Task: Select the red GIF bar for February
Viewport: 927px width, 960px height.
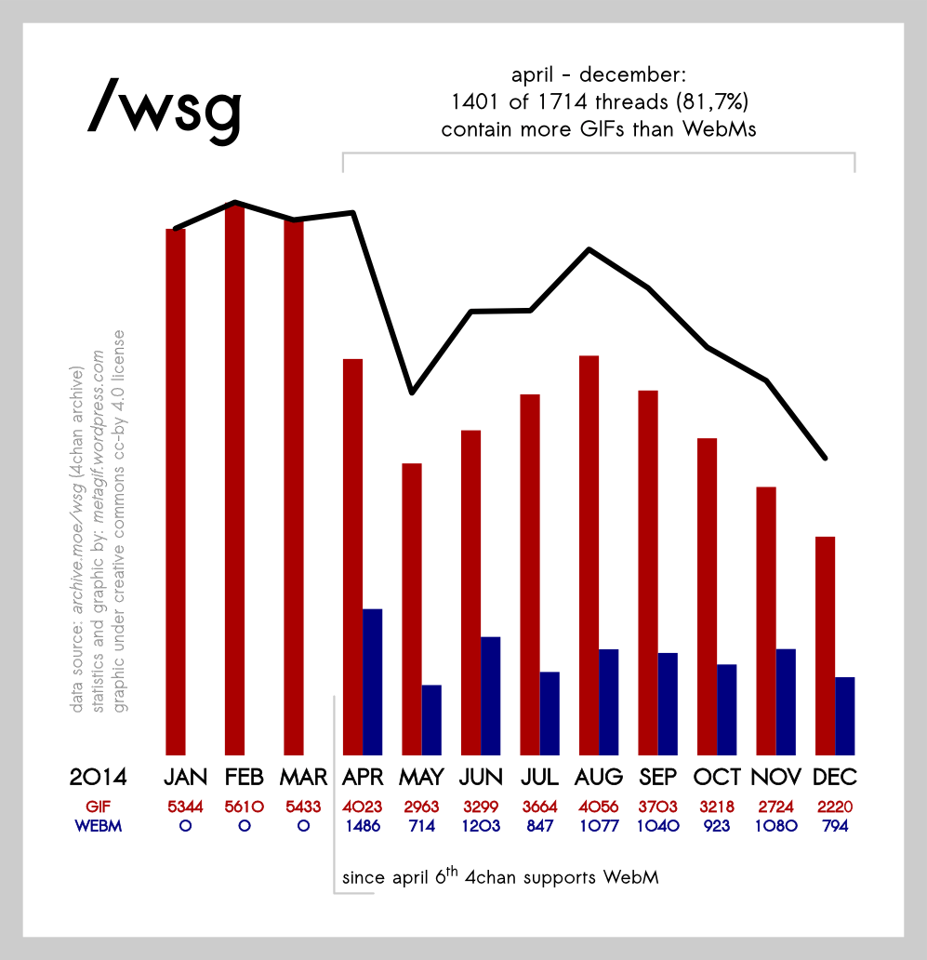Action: [x=234, y=479]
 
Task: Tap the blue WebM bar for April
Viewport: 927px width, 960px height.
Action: [x=373, y=682]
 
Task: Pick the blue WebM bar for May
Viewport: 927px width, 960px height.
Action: [x=431, y=720]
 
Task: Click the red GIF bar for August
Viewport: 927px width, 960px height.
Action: [x=589, y=554]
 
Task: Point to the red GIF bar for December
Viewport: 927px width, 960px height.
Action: [x=825, y=646]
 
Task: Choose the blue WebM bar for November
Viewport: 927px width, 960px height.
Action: [x=786, y=701]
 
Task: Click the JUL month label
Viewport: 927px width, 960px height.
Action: [x=539, y=777]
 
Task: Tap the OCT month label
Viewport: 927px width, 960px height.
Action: [x=717, y=777]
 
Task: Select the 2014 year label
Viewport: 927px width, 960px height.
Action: [x=98, y=777]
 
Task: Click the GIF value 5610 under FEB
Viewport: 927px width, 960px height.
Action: [x=244, y=807]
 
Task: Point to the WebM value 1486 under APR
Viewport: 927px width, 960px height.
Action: [x=362, y=825]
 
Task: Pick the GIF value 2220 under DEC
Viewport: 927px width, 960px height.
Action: [x=834, y=807]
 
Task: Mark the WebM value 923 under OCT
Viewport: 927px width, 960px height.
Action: [x=716, y=825]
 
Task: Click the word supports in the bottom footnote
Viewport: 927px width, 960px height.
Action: [x=554, y=877]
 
